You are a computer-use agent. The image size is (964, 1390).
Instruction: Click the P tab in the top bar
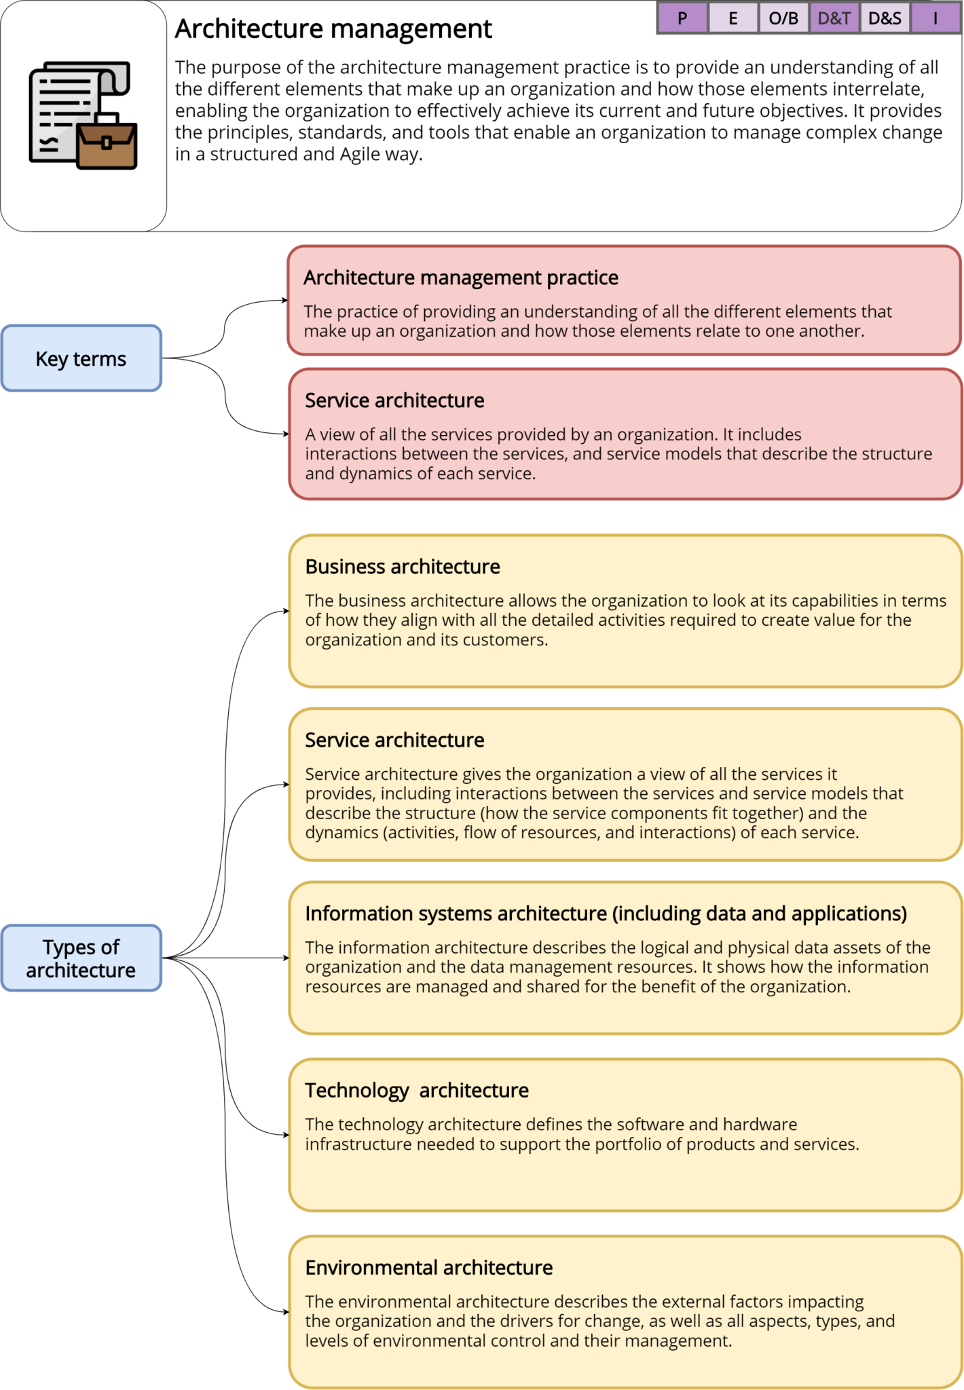(x=682, y=18)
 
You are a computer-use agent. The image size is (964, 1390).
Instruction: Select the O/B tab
(x=783, y=18)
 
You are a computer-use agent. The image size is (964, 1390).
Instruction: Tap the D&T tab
(x=834, y=18)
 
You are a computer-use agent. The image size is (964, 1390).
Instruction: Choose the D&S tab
(x=885, y=18)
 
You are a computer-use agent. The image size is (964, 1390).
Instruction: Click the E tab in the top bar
(x=733, y=18)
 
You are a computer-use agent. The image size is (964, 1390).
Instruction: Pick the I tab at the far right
(x=935, y=18)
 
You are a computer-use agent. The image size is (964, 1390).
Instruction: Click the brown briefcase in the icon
(x=107, y=144)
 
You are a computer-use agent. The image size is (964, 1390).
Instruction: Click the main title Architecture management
(x=333, y=29)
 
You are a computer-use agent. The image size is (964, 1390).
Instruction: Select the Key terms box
(x=81, y=358)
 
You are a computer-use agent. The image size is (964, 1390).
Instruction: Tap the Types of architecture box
(x=81, y=958)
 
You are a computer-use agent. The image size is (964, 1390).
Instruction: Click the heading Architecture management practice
(x=460, y=278)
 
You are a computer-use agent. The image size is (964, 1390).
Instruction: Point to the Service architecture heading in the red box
(x=394, y=400)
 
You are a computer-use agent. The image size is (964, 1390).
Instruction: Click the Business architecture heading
(x=403, y=567)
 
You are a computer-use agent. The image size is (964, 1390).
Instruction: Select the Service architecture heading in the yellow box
(x=394, y=740)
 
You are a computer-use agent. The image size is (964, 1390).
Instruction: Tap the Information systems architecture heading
(x=606, y=914)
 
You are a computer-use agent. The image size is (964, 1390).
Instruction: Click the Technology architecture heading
(x=416, y=1090)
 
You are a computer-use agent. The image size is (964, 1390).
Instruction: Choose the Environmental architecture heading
(x=428, y=1267)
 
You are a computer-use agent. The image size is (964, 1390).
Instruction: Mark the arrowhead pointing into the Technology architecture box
(x=286, y=1135)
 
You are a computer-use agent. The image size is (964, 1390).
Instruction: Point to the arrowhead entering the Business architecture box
(x=286, y=611)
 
